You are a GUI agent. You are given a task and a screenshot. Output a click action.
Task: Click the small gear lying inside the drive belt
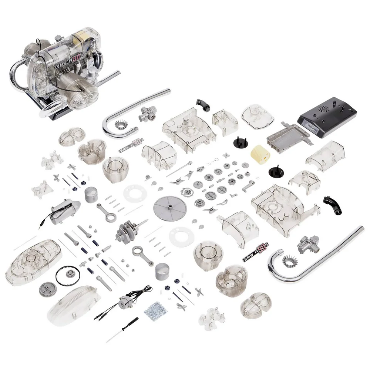(x=70, y=273)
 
